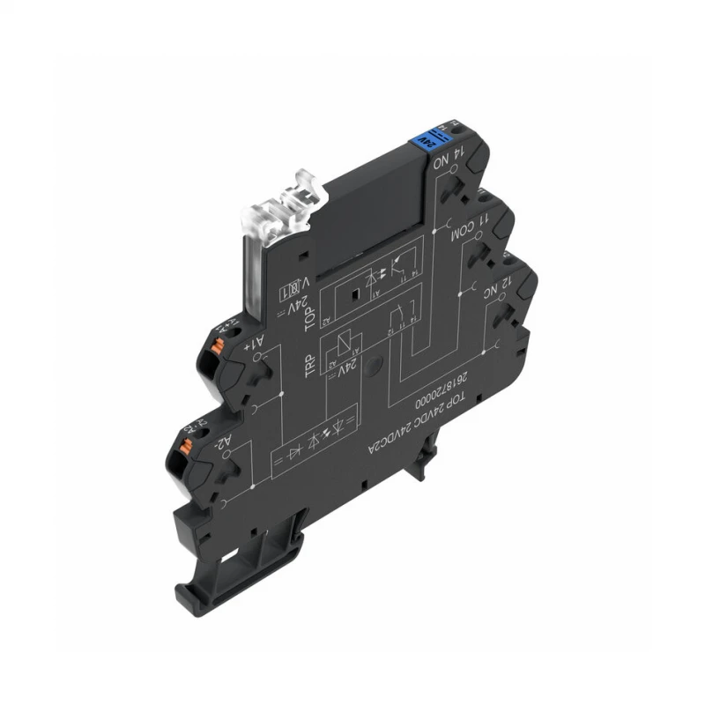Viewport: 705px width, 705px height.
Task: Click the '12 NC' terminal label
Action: [493, 293]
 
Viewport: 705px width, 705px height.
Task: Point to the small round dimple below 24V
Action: [375, 361]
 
